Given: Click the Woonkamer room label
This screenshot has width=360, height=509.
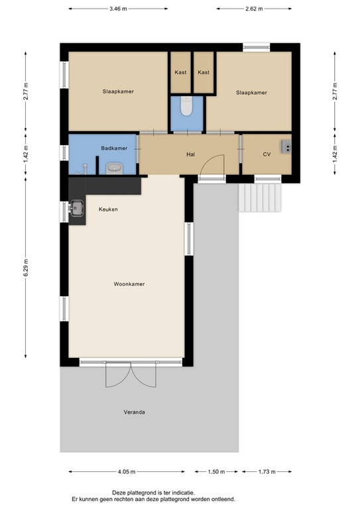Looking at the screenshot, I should click(129, 284).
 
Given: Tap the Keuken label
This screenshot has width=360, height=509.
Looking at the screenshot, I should click(108, 209).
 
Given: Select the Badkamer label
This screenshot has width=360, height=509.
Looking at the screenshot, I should click(113, 148).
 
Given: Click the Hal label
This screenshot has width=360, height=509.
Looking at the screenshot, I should click(190, 154).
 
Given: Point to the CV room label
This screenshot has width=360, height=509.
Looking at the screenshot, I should click(267, 154).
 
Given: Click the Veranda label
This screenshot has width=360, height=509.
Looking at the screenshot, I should click(134, 412).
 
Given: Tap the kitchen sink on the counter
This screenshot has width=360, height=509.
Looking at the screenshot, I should click(77, 208).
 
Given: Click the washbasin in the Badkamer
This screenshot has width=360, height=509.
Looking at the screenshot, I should click(115, 168).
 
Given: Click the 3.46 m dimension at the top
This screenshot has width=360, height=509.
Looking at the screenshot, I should click(117, 9).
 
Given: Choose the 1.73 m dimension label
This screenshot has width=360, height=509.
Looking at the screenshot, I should click(269, 472).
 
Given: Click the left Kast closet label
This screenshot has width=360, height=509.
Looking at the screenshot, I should click(180, 72).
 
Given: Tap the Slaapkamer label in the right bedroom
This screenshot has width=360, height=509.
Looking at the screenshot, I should click(251, 93).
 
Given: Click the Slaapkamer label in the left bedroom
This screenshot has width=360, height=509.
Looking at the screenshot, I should click(118, 91).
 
